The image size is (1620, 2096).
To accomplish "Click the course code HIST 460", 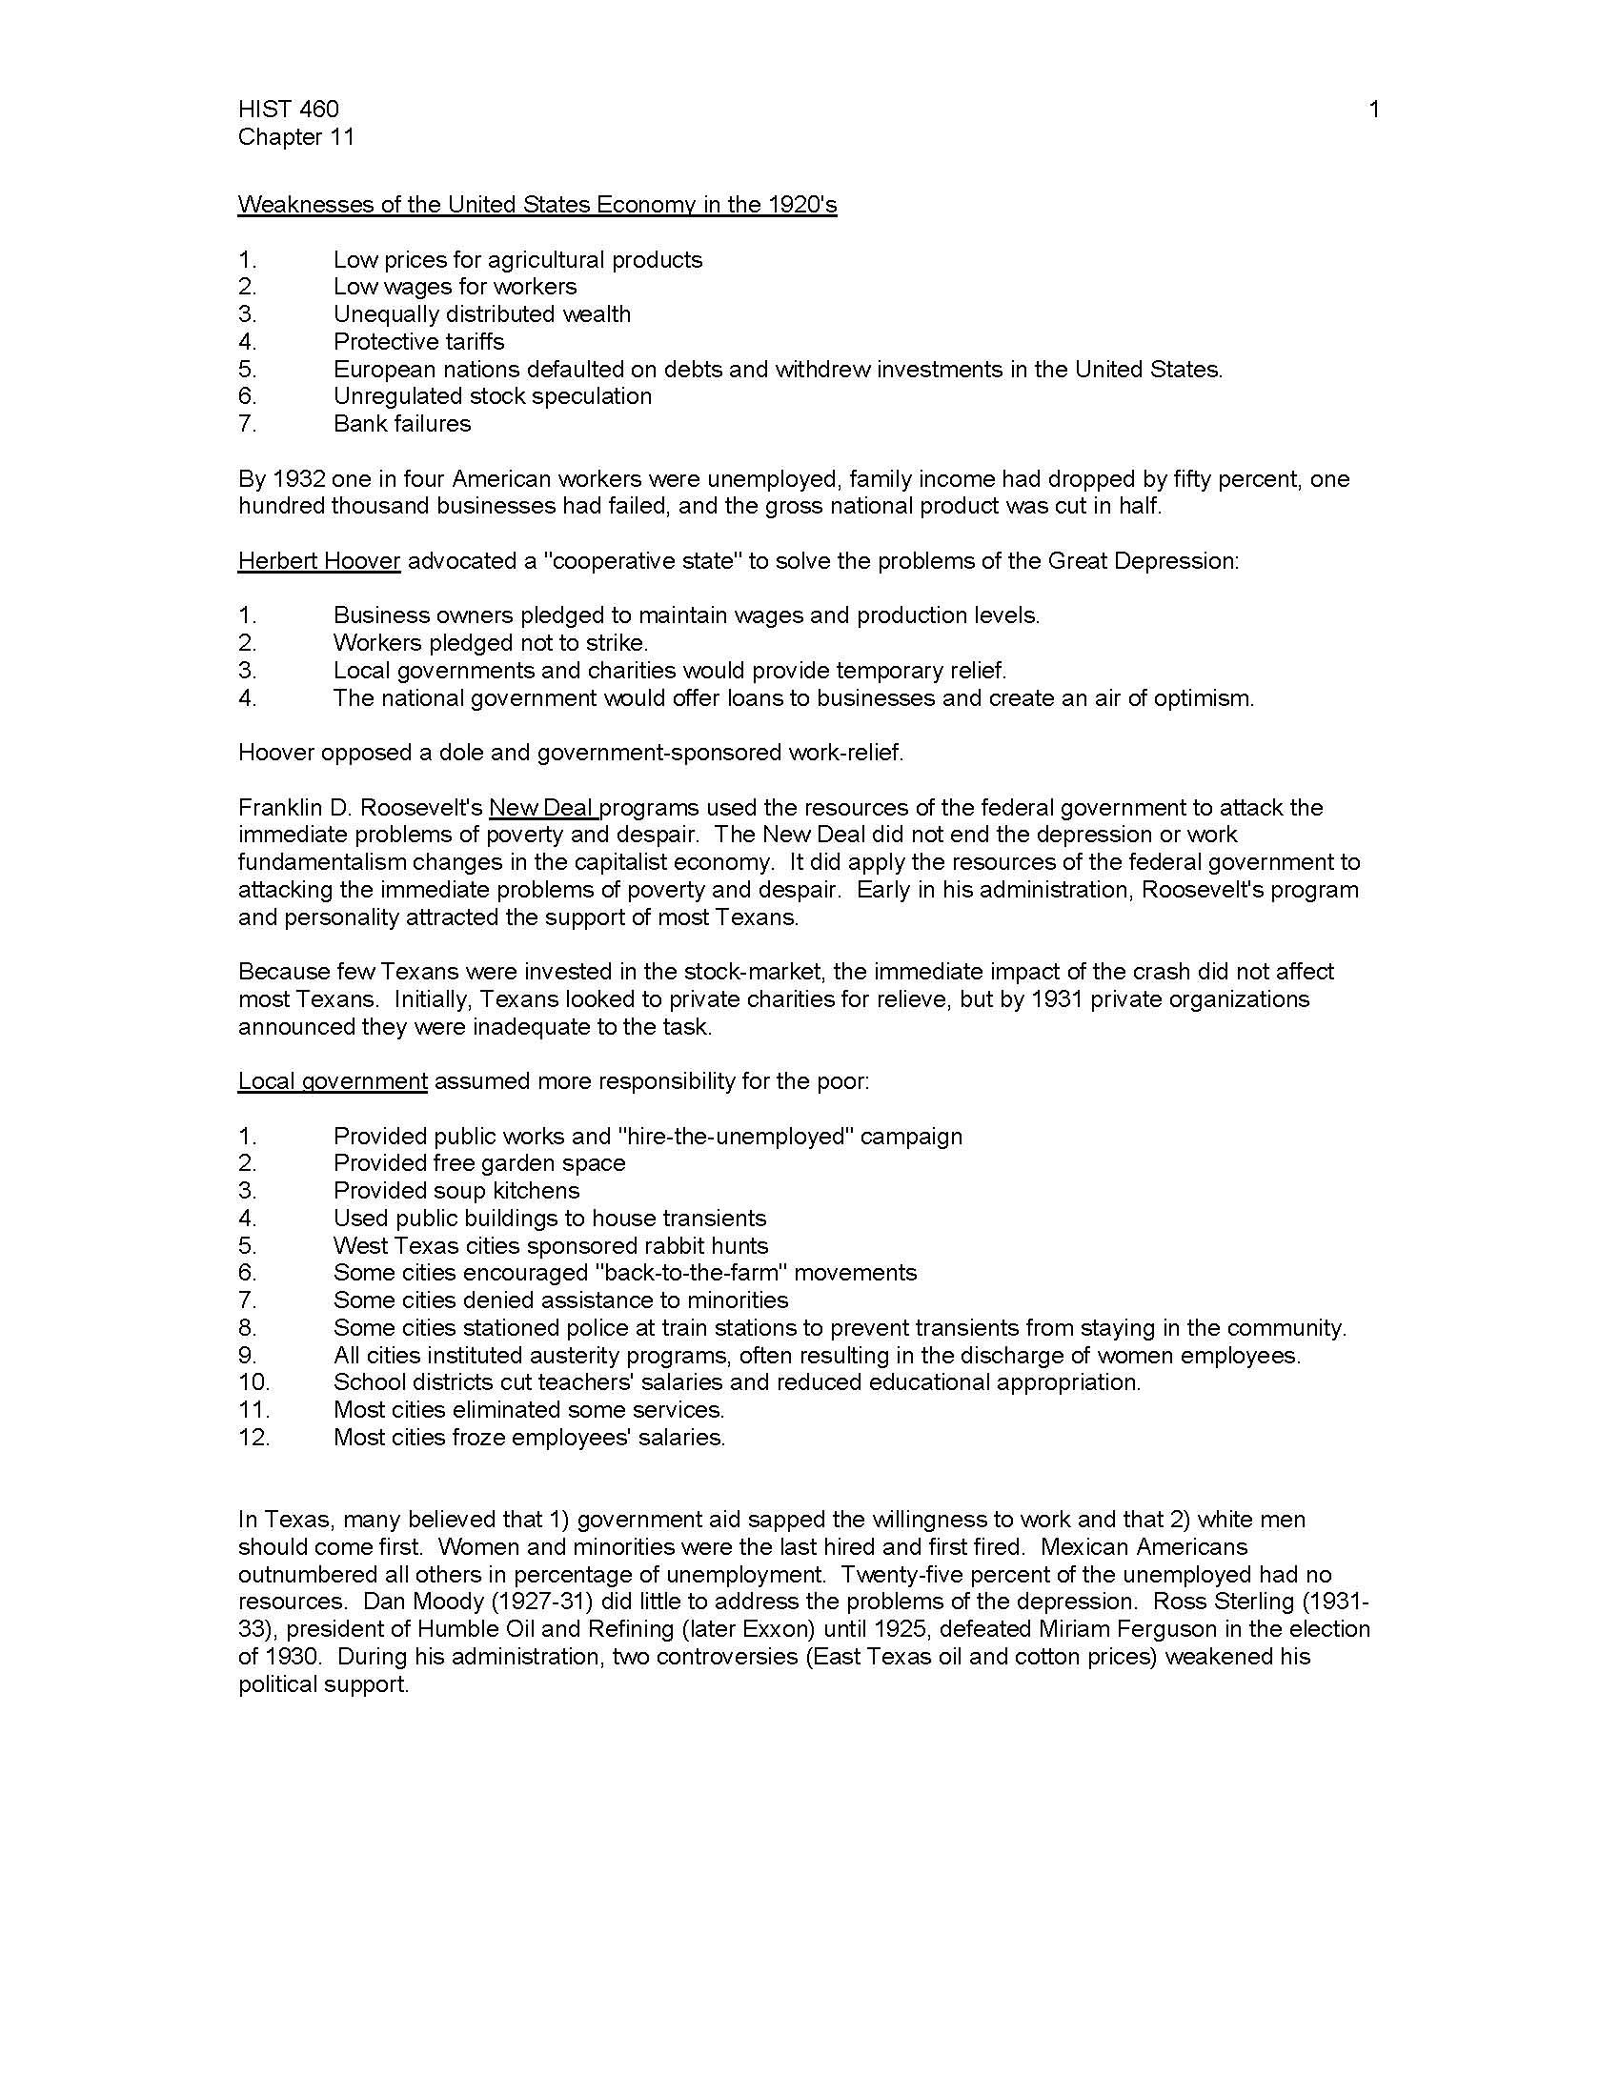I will coord(288,110).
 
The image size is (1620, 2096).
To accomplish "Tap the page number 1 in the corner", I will coord(1373,110).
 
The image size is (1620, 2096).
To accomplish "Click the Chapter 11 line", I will coord(295,137).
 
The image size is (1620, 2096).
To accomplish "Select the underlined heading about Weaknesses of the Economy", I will coord(537,205).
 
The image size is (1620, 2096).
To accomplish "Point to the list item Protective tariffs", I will coord(418,342).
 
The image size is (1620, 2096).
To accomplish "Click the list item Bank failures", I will coord(402,424).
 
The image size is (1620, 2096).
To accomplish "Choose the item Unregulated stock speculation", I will coord(493,396).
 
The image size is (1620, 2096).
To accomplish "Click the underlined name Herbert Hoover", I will coord(318,561).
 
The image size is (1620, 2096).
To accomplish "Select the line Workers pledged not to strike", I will coord(491,643).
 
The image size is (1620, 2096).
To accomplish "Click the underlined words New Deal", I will coord(542,808).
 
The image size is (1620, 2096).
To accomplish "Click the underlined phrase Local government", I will coord(332,1081).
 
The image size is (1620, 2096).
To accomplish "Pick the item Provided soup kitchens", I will coord(456,1191).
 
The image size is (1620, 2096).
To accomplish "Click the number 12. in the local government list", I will coord(254,1438).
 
